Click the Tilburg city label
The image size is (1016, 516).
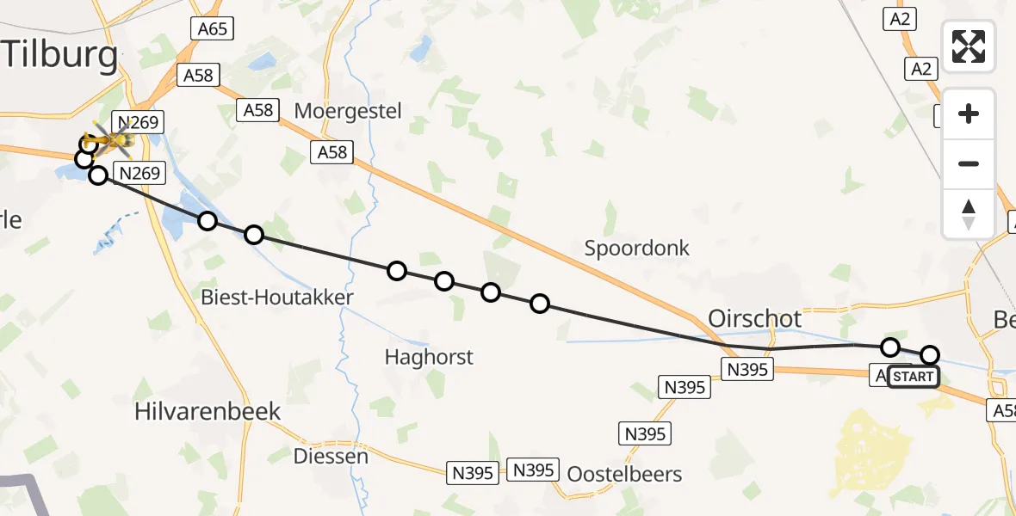60,56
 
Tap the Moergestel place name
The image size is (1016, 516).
348,110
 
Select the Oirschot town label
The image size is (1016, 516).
754,318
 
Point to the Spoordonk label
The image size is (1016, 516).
637,249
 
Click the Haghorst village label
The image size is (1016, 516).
429,356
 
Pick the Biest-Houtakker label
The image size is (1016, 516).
276,298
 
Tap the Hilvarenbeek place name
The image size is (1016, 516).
208,411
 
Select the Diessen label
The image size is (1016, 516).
331,456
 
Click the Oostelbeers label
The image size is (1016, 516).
624,474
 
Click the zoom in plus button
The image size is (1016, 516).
969,114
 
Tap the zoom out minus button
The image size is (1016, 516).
969,163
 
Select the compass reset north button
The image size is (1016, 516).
969,213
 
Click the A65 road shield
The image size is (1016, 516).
212,29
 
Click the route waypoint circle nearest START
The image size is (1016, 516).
930,354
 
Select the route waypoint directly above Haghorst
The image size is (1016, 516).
444,281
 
